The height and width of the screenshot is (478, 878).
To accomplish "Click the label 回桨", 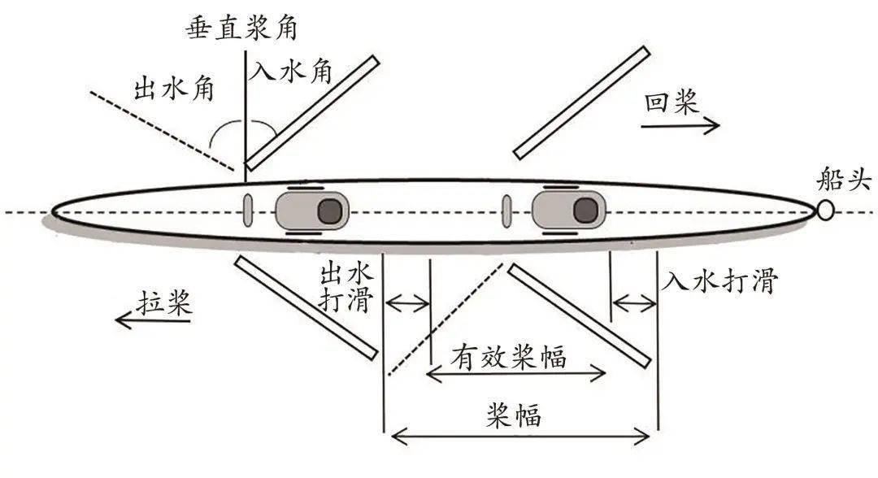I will coord(672,104).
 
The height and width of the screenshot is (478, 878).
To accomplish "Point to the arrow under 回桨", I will coord(680,126).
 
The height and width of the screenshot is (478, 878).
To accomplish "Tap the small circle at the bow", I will coord(825,211).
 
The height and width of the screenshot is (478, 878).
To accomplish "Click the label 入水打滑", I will coord(720,281).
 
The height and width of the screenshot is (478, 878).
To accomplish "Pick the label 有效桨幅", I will coord(510,355).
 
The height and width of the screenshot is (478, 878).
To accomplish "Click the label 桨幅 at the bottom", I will coord(514,416).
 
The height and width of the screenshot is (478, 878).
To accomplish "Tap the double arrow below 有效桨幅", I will coord(517,374).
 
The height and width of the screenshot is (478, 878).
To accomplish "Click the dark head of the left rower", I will coord(328,211).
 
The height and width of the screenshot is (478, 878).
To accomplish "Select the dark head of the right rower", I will coord(585,211).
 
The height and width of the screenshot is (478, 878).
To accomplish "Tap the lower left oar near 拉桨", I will coord(305,307).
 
